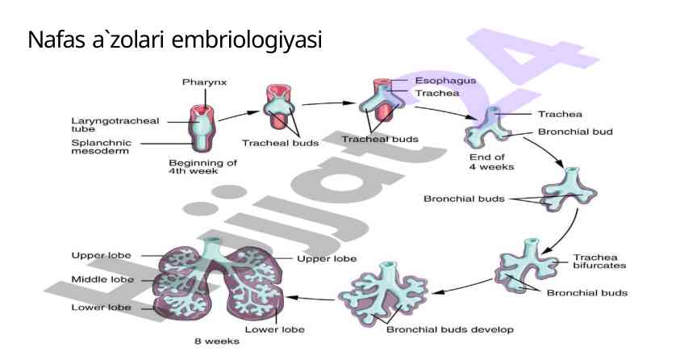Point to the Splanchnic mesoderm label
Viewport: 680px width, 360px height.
point(102,147)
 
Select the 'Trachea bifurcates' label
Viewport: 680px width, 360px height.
point(599,261)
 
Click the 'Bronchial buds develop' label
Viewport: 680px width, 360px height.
point(449,329)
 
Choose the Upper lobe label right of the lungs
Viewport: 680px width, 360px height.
point(327,258)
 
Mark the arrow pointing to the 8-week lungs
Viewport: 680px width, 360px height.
point(311,298)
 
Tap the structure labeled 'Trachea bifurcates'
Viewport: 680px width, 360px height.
point(530,266)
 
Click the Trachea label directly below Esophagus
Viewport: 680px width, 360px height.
point(437,93)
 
